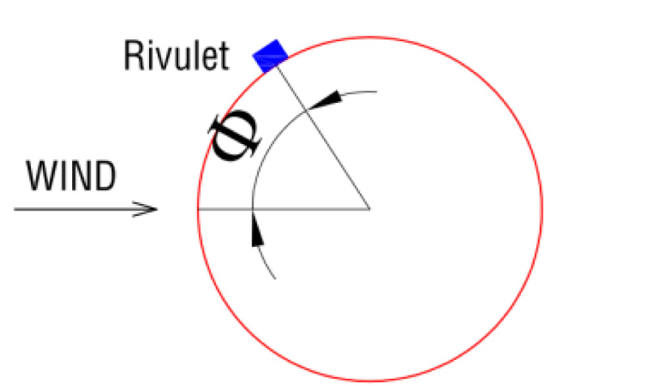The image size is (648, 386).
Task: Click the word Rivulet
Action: tap(177, 56)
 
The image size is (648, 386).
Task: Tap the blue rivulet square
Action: tap(271, 54)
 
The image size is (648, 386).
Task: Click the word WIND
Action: tap(71, 176)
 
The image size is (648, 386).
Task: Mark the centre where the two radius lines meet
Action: tap(370, 209)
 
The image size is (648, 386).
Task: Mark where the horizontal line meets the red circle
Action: tap(198, 209)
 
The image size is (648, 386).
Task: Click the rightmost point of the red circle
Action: tap(542, 209)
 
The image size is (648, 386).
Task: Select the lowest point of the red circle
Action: tap(370, 380)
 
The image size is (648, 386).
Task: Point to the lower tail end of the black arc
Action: tap(275, 279)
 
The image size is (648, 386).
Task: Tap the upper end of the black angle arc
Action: tap(377, 91)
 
